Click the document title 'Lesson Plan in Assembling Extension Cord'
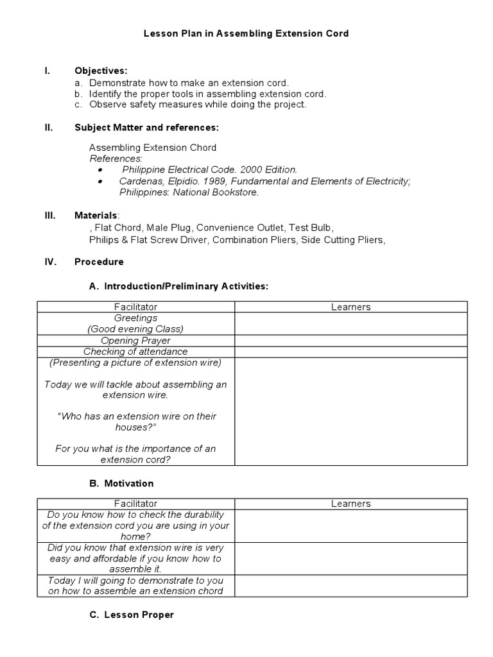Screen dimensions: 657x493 tap(246, 33)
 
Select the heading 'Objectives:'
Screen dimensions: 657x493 tap(101, 71)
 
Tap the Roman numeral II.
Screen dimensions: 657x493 tap(48, 128)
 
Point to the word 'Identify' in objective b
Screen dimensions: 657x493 tap(105, 94)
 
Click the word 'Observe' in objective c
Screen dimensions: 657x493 tap(107, 104)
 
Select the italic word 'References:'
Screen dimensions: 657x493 tap(116, 158)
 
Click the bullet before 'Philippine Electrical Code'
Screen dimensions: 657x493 tap(101, 170)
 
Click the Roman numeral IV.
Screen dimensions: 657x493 tap(49, 262)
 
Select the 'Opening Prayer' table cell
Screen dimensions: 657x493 tap(135, 341)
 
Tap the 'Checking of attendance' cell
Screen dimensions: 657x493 tap(135, 352)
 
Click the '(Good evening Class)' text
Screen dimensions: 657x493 tap(135, 328)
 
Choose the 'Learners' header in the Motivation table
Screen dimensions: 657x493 tap(350, 504)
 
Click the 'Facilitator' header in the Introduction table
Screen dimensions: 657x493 tap(135, 307)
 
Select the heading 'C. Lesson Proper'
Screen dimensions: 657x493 tap(132, 615)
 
